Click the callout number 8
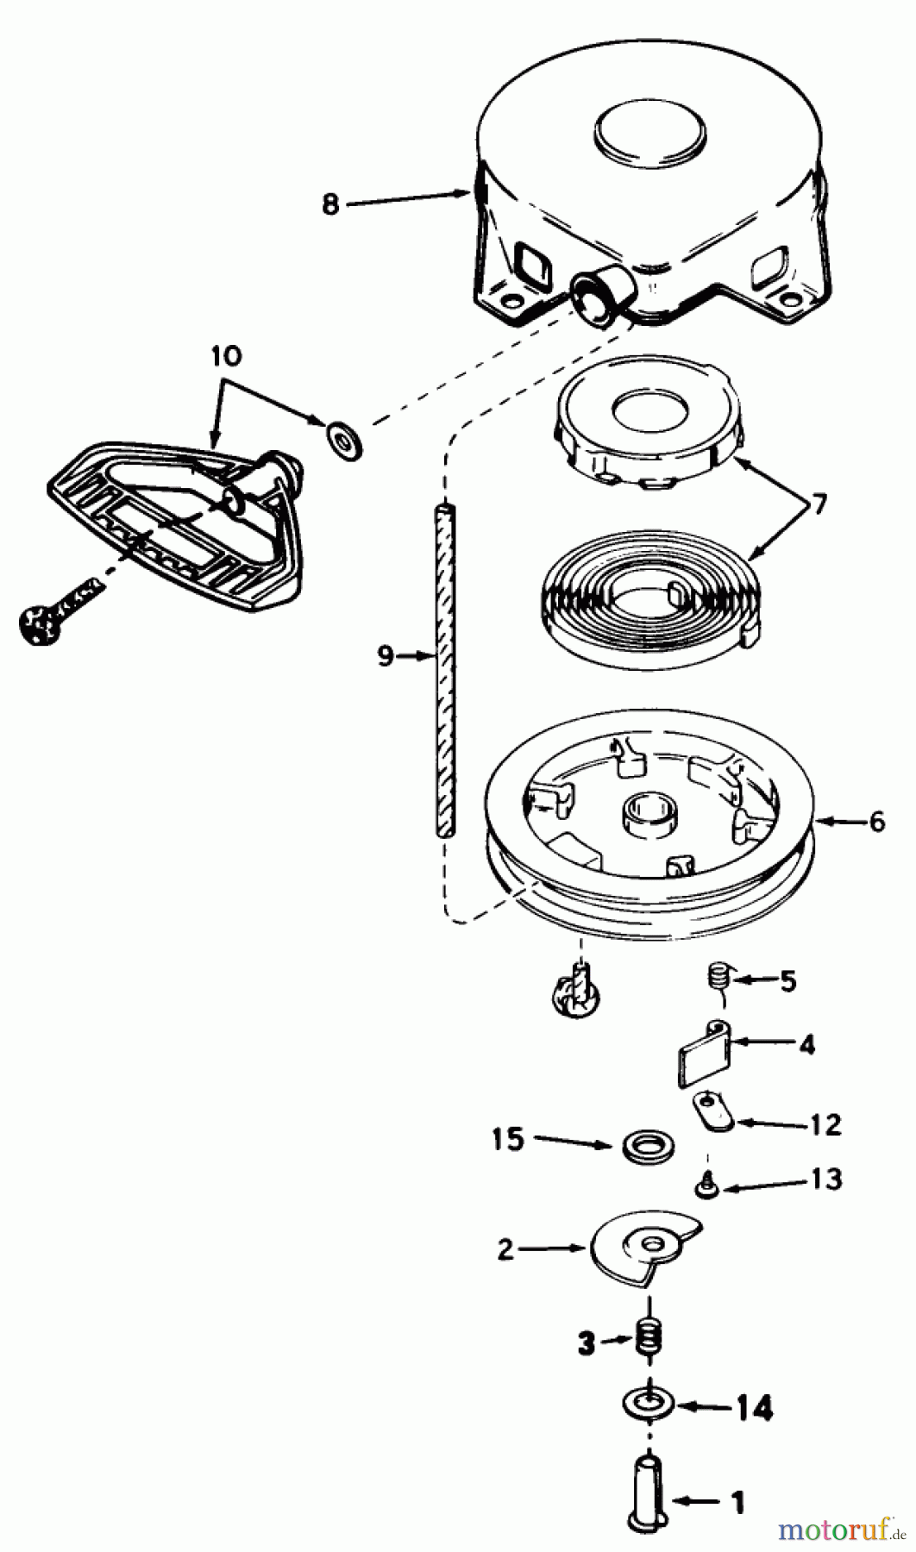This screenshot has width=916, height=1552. click(x=330, y=205)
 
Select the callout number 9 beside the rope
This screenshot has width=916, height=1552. click(x=386, y=656)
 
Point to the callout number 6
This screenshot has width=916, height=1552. click(x=877, y=822)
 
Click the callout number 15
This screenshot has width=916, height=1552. click(x=508, y=1139)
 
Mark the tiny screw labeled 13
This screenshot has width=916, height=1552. click(x=705, y=1187)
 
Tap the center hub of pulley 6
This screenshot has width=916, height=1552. click(x=649, y=815)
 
